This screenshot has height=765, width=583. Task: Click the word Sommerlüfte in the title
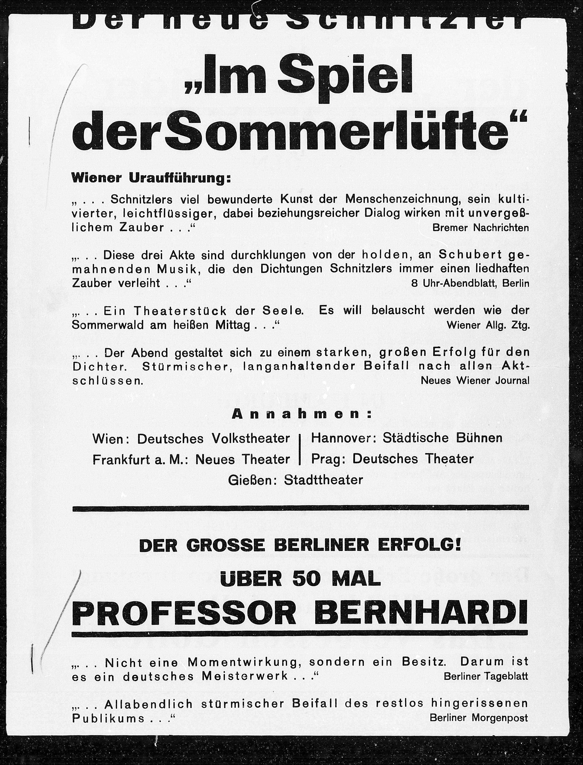pyautogui.click(x=342, y=133)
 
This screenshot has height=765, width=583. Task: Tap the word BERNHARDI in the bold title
pyautogui.click(x=422, y=616)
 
